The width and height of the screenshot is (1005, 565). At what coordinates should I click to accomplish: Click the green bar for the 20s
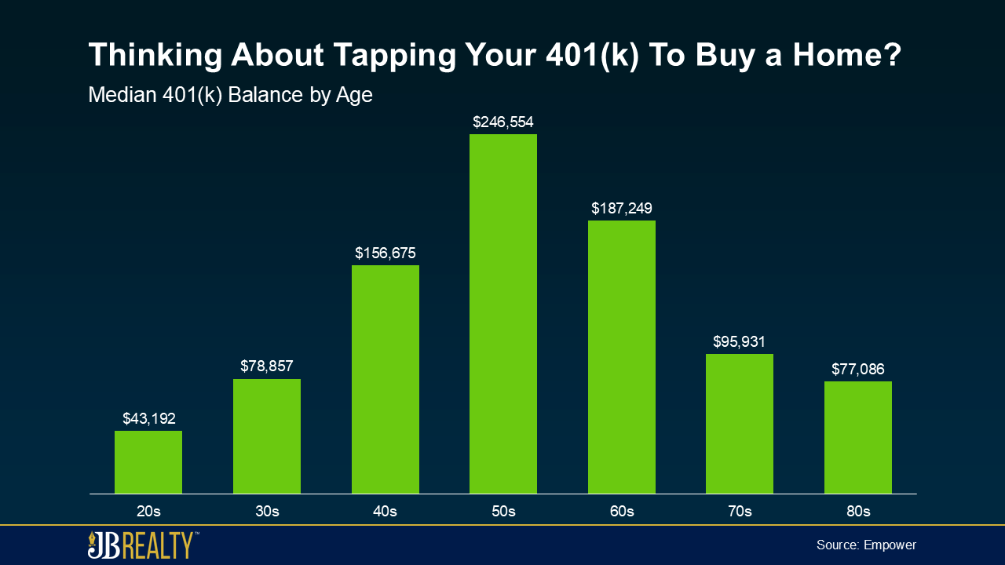point(148,462)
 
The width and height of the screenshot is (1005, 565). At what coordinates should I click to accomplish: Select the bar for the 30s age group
point(266,436)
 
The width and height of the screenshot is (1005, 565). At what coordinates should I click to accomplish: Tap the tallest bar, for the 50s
point(503,314)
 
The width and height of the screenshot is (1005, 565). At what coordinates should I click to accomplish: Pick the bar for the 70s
point(740,424)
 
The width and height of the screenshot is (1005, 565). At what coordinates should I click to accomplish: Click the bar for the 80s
point(858,437)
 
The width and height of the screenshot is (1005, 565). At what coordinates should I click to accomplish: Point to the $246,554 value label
point(503,122)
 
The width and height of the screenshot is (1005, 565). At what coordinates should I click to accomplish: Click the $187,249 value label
point(621,208)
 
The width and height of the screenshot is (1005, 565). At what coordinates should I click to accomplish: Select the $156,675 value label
point(386,253)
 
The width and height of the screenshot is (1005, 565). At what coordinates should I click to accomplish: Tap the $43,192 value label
point(149,418)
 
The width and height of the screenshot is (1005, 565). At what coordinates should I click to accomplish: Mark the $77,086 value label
point(858,369)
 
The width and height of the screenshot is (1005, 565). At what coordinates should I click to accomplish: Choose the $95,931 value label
point(739,341)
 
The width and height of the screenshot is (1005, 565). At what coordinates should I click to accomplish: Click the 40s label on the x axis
point(385,511)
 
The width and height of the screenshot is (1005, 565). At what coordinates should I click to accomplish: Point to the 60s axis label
point(622,511)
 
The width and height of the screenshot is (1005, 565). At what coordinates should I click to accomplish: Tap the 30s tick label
point(267,511)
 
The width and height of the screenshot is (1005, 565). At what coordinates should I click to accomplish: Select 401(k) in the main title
point(592,56)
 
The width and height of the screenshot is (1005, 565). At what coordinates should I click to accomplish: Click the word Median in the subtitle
point(122,95)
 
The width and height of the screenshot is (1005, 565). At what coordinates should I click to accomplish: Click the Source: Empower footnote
point(866,545)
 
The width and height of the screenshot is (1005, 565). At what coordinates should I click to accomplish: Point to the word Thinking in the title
point(155,56)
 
